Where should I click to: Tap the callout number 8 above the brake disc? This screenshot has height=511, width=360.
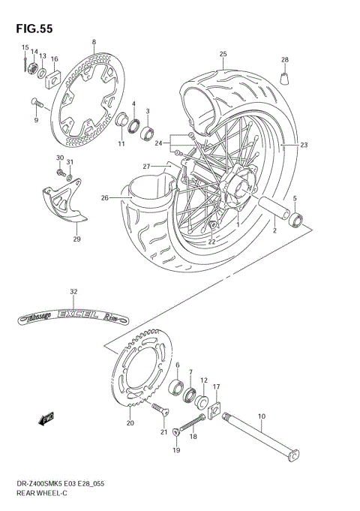pyautogui.click(x=94, y=42)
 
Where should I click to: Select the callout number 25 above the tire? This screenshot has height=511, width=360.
pyautogui.click(x=223, y=53)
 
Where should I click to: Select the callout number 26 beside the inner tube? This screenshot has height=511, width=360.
pyautogui.click(x=105, y=198)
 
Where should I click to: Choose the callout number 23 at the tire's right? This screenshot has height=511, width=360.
pyautogui.click(x=304, y=145)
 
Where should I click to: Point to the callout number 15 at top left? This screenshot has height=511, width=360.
pyautogui.click(x=24, y=47)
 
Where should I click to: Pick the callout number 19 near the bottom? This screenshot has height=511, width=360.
pyautogui.click(x=176, y=450)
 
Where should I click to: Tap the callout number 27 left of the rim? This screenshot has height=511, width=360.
pyautogui.click(x=147, y=166)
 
